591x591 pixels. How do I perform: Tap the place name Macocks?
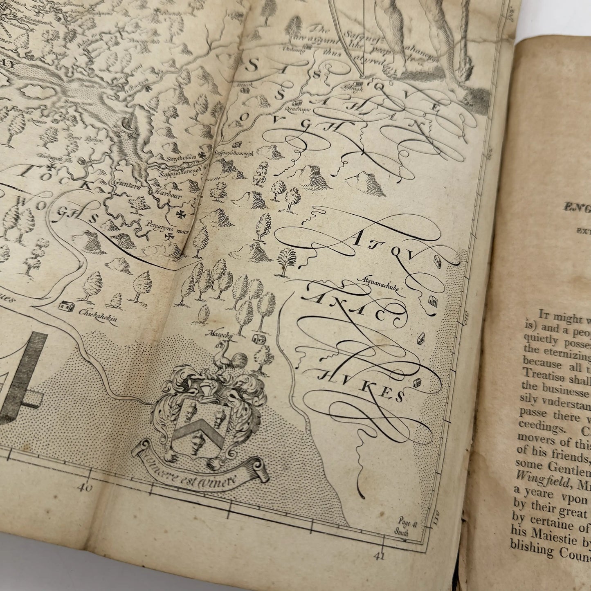(221, 335)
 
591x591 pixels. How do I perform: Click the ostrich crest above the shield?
(229, 360)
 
